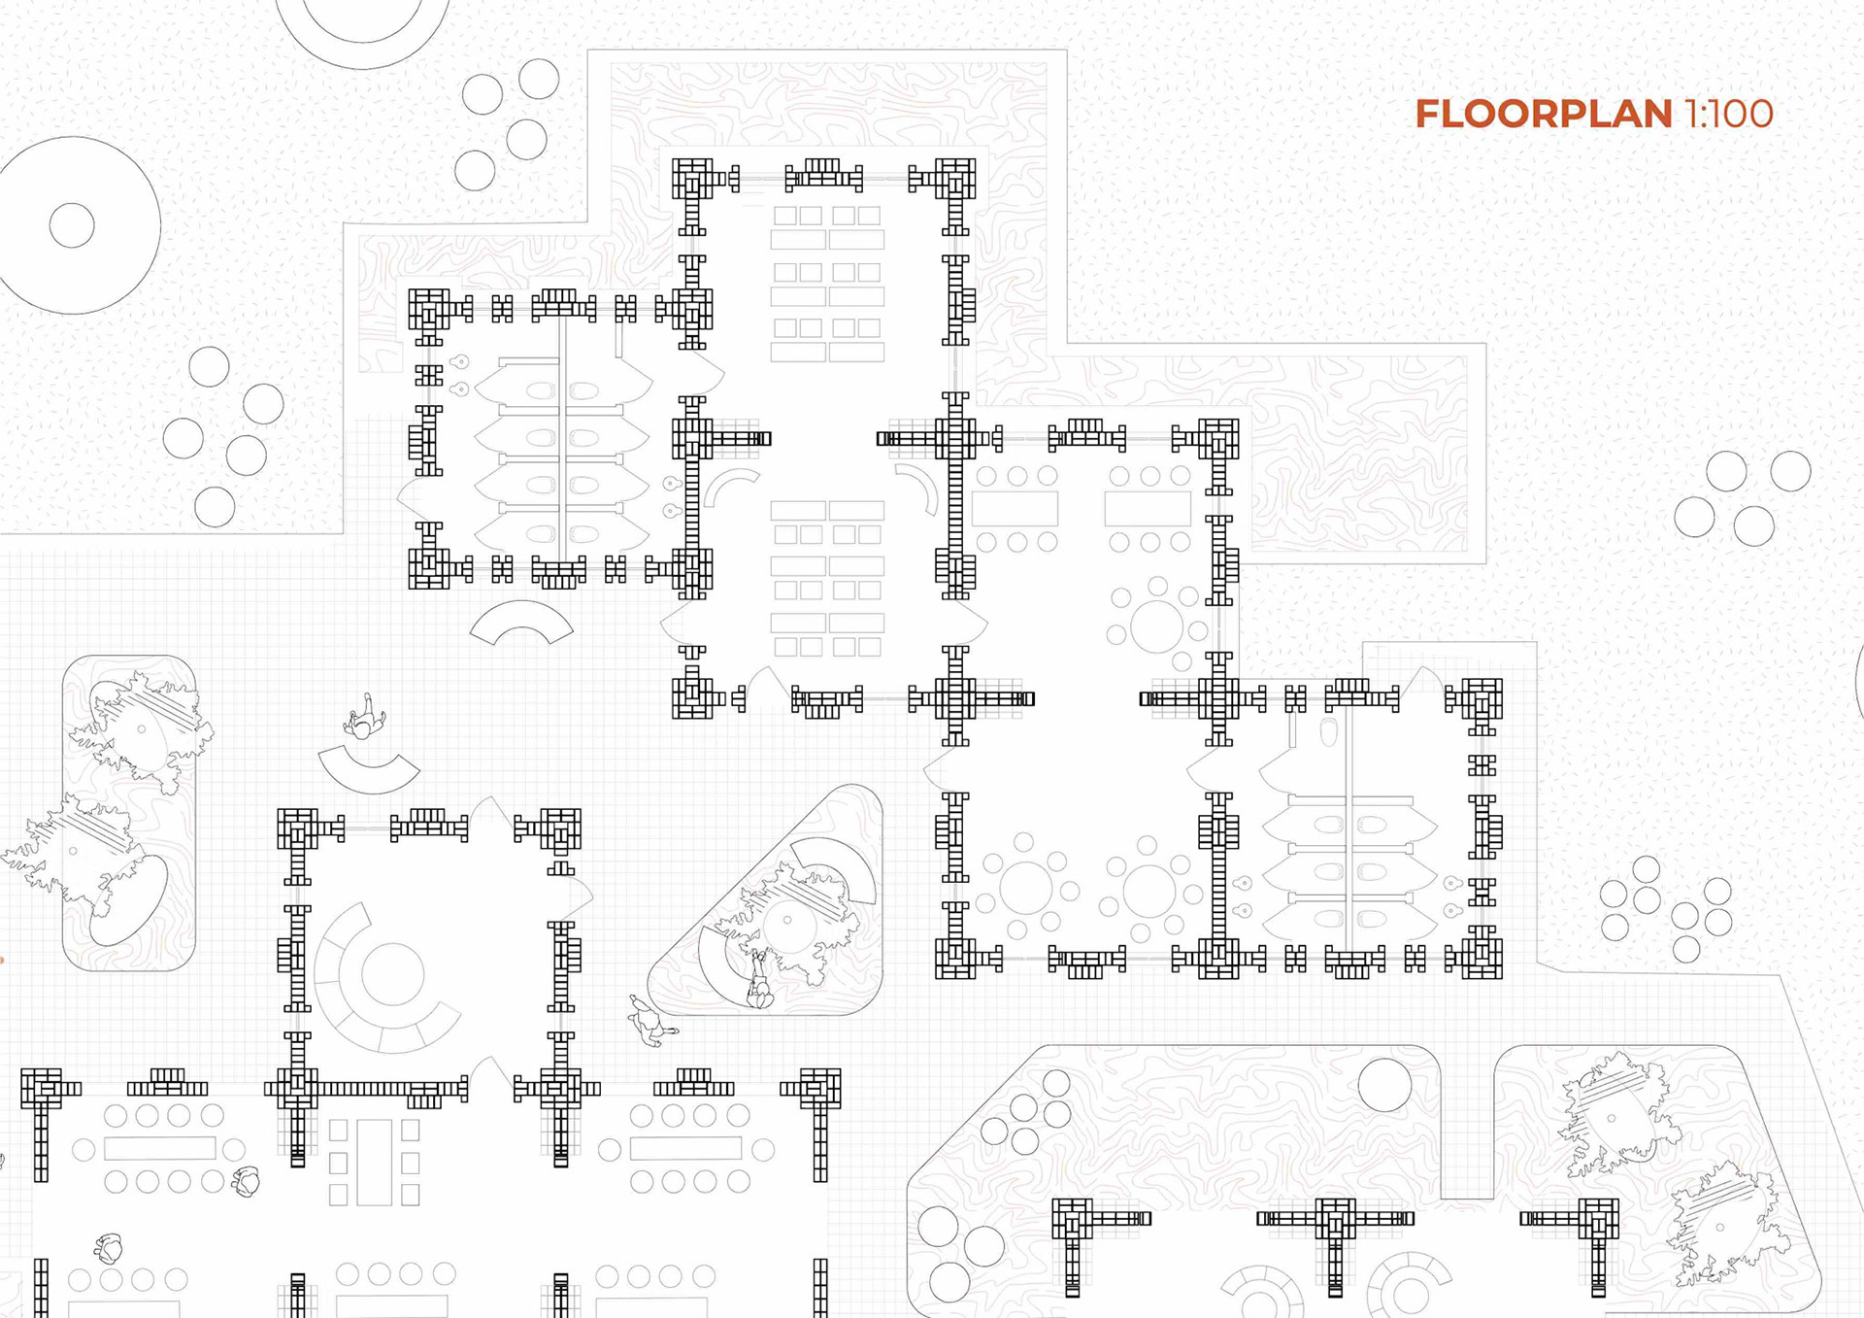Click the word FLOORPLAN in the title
click(x=1543, y=115)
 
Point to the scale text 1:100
click(x=1729, y=115)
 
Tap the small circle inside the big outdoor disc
click(x=72, y=226)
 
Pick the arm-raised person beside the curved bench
click(x=364, y=718)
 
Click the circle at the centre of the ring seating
click(x=392, y=973)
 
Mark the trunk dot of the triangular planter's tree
click(x=787, y=920)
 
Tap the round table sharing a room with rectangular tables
click(x=1156, y=626)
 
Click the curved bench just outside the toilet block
click(x=521, y=622)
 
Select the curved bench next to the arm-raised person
click(x=369, y=770)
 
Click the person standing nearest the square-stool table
click(x=247, y=1181)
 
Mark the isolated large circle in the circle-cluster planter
click(x=1384, y=1084)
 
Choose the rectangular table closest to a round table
click(x=1147, y=508)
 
